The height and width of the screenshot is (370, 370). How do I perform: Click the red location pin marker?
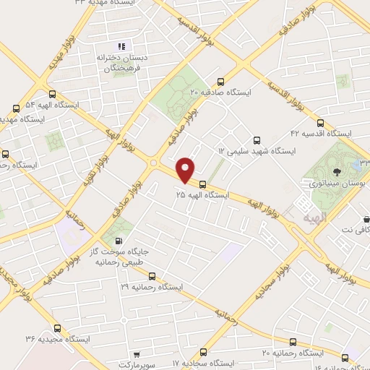(186, 170)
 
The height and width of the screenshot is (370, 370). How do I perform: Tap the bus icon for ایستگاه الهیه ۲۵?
(202, 184)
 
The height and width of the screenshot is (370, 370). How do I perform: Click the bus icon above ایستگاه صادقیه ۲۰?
(220, 81)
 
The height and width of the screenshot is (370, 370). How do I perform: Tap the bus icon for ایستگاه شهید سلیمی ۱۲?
(257, 140)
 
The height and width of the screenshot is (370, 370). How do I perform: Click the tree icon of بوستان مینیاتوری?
(337, 172)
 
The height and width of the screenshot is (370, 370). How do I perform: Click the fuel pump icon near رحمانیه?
(119, 241)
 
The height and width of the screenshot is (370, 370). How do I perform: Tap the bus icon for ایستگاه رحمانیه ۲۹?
(151, 275)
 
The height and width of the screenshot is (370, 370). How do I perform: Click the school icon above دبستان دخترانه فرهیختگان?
(121, 47)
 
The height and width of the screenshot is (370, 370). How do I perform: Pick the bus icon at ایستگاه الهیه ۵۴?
(51, 94)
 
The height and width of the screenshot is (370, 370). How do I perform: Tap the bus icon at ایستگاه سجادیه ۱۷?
(202, 353)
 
